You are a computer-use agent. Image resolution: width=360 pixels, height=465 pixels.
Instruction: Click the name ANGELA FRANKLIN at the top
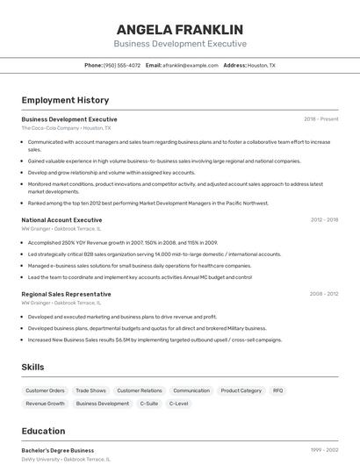click(x=180, y=29)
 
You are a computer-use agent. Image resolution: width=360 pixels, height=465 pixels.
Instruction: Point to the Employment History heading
click(x=65, y=100)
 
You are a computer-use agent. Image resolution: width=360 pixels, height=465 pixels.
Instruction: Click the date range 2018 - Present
click(x=321, y=118)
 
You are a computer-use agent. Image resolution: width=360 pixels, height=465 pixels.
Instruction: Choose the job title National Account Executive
click(x=61, y=220)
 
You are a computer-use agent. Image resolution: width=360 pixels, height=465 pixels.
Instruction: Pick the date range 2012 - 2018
click(x=323, y=220)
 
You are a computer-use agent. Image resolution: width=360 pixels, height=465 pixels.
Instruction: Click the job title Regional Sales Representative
click(x=66, y=294)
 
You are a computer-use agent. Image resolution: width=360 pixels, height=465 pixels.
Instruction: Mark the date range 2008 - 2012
click(x=323, y=294)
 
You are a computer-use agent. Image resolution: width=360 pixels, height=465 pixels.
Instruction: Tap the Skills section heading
click(x=32, y=367)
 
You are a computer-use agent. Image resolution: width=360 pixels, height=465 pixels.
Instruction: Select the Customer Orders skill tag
click(x=45, y=390)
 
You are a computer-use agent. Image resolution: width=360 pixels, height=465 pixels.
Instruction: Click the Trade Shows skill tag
click(x=90, y=390)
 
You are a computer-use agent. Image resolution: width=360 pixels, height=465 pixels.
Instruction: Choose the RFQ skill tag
click(x=277, y=390)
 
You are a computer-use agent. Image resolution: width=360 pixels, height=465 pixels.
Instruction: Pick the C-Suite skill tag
click(x=149, y=404)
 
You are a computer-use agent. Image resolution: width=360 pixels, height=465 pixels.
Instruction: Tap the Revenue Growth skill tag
click(x=45, y=404)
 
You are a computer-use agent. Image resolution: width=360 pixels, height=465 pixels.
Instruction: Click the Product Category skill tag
click(x=241, y=390)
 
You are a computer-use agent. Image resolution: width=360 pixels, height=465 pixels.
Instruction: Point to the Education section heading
click(x=43, y=431)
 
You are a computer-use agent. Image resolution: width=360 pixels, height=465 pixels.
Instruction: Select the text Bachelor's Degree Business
click(x=57, y=450)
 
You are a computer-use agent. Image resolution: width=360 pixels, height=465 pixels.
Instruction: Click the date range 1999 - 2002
click(x=324, y=450)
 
